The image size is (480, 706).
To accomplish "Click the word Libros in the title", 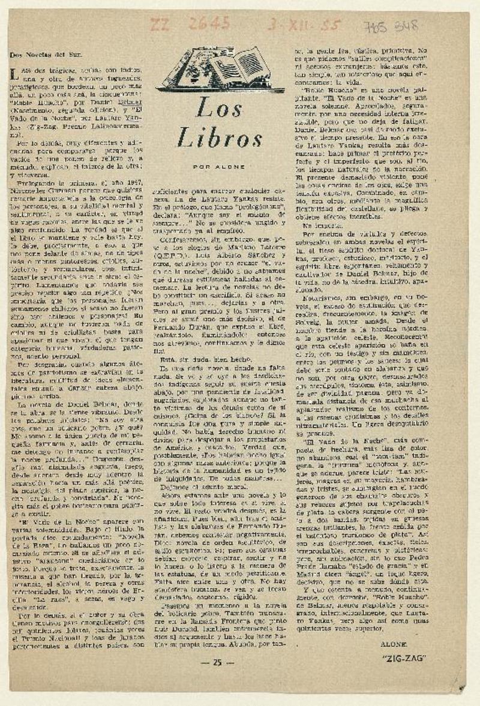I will (x=220, y=139).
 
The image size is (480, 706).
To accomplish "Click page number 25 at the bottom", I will (x=218, y=662).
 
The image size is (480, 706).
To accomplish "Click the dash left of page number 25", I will (x=205, y=662).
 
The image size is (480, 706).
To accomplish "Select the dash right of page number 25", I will (x=231, y=662).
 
